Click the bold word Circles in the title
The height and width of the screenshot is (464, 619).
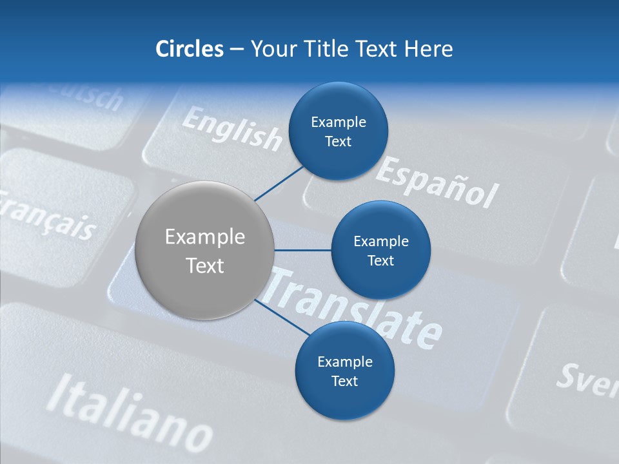pos(189,49)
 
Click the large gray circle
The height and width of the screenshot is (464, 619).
pos(205,251)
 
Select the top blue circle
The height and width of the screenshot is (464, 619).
pos(338,131)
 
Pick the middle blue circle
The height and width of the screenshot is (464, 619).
pos(380,250)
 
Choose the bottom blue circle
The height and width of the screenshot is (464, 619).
pos(344,371)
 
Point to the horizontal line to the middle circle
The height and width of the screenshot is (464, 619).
pos(303,250)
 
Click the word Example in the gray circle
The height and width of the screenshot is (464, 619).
pos(205,237)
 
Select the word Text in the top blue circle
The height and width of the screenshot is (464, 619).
pos(338,142)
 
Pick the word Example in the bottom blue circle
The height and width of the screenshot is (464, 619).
pos(344,362)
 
